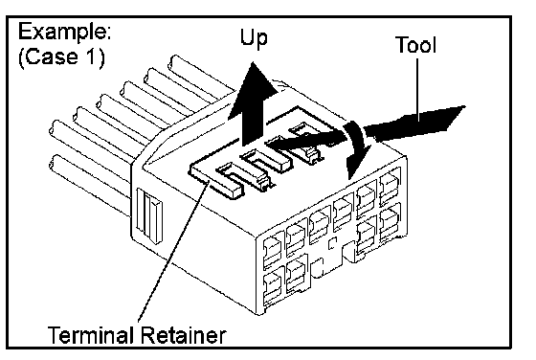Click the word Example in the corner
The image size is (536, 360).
pos(64,34)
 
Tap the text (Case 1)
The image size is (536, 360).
pos(61,56)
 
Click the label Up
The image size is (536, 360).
pos(254,38)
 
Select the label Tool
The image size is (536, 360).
pos(415,44)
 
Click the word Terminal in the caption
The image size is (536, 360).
pos(91,335)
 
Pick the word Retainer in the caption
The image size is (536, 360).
pos(183,335)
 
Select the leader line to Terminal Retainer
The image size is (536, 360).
pos(173,251)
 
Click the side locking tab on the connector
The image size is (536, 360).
pos(149,216)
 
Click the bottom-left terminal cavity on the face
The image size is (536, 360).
pos(274,288)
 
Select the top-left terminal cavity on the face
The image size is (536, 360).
pos(274,251)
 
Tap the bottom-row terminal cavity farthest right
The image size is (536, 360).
pos(391,221)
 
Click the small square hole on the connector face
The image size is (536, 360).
pos(332,243)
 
